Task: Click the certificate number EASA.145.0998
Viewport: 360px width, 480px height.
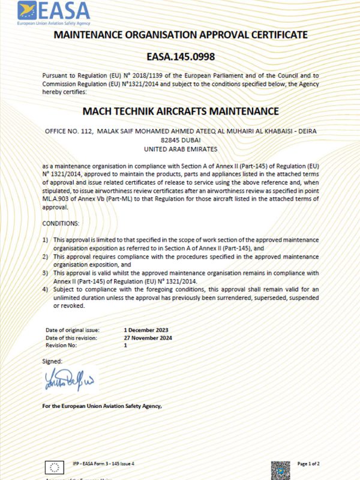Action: pos(180,57)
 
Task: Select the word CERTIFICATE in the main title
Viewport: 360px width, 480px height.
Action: pos(269,35)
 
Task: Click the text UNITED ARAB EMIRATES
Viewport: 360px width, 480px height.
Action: pos(181,148)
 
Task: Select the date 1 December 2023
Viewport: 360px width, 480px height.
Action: pos(146,330)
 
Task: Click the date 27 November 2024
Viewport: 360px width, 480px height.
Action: pos(147,338)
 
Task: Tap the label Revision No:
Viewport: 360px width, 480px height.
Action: pos(61,346)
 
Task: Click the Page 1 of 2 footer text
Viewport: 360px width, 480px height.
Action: pos(308,464)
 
